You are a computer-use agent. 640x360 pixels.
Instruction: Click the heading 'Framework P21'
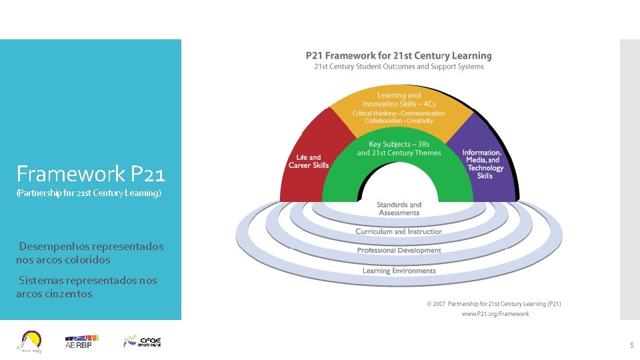click(x=90, y=175)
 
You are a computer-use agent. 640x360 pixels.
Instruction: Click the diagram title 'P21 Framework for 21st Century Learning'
click(x=399, y=56)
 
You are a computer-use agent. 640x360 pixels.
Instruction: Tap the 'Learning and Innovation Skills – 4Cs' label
click(x=399, y=99)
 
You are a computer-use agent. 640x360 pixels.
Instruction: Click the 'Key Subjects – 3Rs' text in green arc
click(x=399, y=144)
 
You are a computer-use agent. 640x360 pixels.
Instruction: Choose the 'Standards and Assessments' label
click(x=399, y=209)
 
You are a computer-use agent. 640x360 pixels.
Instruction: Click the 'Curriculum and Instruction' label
click(x=399, y=231)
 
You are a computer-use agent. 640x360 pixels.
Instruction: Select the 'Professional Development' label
click(x=399, y=251)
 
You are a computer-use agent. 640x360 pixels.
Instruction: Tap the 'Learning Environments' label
click(x=399, y=271)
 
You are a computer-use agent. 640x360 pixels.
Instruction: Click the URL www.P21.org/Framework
click(x=495, y=314)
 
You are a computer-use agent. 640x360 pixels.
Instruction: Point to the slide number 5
click(x=631, y=345)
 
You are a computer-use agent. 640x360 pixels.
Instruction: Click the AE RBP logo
click(x=78, y=342)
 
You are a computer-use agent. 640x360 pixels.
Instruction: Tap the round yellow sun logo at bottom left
click(x=31, y=341)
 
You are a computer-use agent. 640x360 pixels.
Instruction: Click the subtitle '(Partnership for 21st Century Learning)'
click(x=89, y=193)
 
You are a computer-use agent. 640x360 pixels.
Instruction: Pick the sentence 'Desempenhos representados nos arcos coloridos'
click(x=90, y=253)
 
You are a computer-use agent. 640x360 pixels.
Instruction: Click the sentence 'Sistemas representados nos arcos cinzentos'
click(x=87, y=287)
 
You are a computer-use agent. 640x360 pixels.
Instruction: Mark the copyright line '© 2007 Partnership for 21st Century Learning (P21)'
click(x=494, y=304)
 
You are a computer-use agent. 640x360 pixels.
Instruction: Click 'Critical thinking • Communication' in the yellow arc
click(x=399, y=113)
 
